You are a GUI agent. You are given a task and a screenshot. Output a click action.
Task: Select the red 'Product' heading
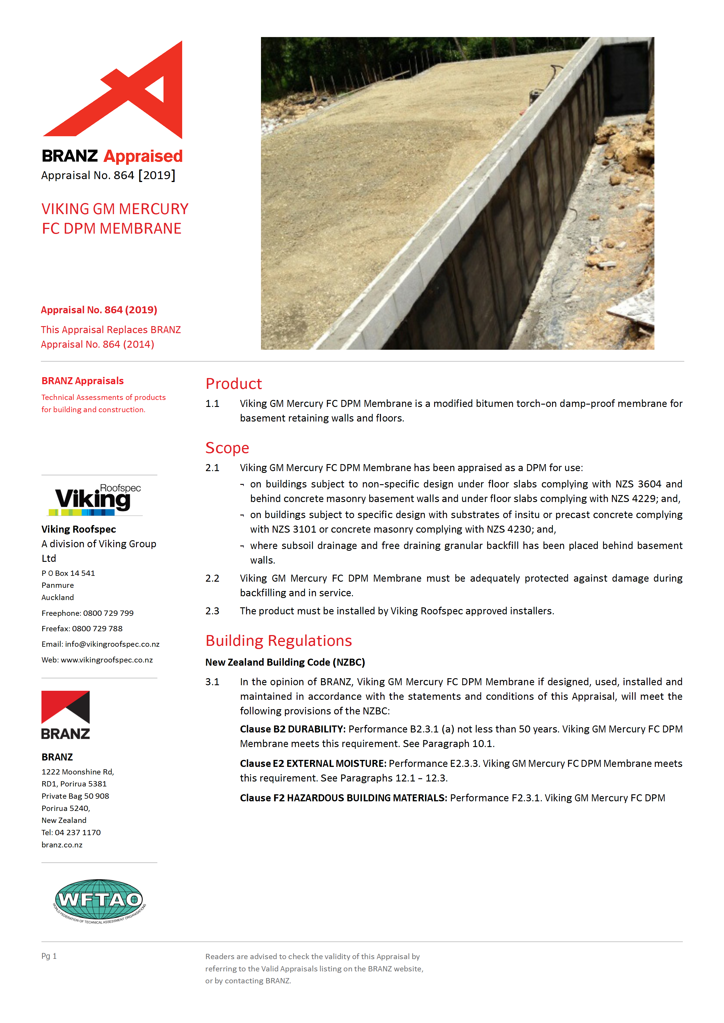tap(234, 384)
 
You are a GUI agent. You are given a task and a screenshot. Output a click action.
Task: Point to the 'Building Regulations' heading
tap(279, 641)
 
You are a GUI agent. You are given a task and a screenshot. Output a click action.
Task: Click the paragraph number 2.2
tap(212, 578)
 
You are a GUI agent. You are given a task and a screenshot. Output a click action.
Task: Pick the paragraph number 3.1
tap(212, 682)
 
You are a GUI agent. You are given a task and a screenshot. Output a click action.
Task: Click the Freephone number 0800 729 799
tap(108, 613)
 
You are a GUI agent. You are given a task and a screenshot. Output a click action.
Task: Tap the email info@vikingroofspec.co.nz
tap(112, 644)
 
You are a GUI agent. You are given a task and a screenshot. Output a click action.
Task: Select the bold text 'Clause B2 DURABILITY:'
tap(293, 729)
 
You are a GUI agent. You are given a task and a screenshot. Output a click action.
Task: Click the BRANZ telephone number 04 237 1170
tap(78, 832)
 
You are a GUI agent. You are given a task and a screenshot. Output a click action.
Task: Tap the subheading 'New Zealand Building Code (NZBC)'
tap(285, 662)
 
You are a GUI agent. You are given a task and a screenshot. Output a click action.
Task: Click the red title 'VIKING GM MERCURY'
tap(115, 209)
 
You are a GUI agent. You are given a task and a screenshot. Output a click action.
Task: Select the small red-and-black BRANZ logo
tap(65, 715)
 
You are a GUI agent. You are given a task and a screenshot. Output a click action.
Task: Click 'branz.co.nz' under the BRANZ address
tap(62, 845)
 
